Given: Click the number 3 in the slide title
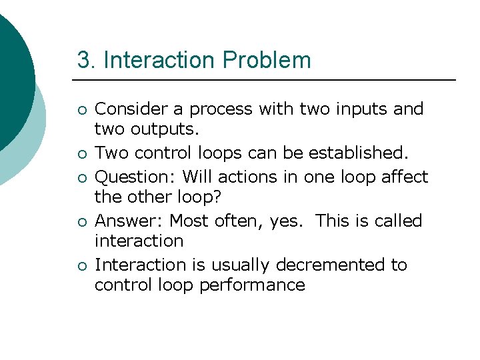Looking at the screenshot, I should (84, 60).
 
